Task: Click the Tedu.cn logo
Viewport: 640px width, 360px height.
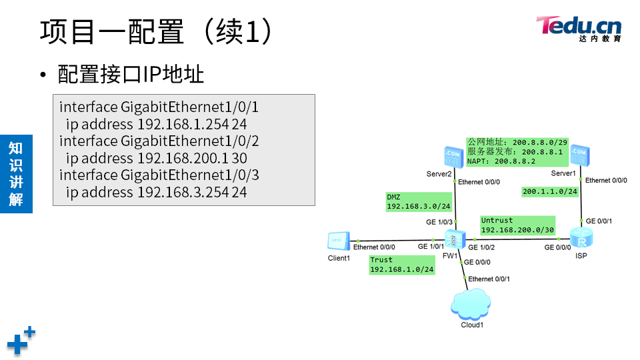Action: coord(579,28)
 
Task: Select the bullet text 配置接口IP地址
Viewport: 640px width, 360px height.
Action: coord(131,75)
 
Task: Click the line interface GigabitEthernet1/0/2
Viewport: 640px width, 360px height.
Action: coord(159,141)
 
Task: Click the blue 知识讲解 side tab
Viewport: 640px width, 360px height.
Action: coord(16,173)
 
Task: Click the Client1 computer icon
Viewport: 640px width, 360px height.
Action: coord(338,241)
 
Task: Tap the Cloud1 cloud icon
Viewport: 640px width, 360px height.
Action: coord(471,305)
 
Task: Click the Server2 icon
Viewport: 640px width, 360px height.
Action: coord(453,157)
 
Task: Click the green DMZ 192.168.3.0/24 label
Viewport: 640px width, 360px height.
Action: coord(419,202)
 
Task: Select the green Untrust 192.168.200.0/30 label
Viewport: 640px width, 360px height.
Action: coord(517,225)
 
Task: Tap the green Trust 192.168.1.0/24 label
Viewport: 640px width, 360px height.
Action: coord(402,265)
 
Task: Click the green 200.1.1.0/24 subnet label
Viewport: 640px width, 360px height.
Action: coord(549,191)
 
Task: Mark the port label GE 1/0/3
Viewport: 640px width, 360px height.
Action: coord(439,222)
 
